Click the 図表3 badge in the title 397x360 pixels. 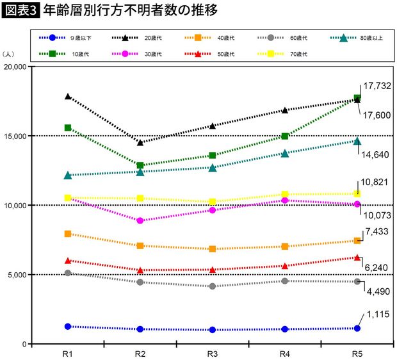[x=20, y=11]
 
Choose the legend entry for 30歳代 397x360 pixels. [x=138, y=54]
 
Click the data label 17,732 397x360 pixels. [x=377, y=85]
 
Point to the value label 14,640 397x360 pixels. [x=377, y=154]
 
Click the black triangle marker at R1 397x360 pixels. [x=67, y=96]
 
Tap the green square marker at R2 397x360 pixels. [x=140, y=165]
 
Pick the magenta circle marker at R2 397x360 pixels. [x=140, y=220]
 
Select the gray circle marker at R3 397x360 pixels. [x=213, y=286]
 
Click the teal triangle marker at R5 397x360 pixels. [x=357, y=140]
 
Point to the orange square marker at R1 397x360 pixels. [x=67, y=234]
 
